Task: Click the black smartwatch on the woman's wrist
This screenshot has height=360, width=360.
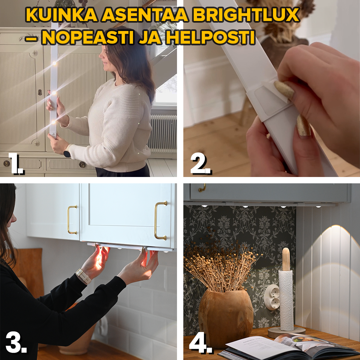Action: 67,153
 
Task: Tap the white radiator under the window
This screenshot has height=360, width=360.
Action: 163,133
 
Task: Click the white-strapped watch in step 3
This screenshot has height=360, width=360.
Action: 83,276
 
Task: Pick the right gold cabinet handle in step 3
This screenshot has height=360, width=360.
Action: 161,220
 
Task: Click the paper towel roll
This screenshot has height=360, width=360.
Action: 286,300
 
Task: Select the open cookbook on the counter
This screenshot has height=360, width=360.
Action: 283,347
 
